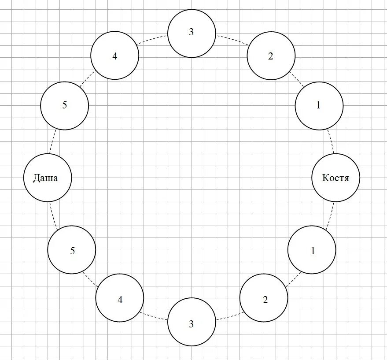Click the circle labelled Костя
click(336, 178)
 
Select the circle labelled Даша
click(47, 178)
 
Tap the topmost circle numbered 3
click(192, 33)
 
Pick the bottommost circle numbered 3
click(192, 324)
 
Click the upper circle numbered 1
click(319, 106)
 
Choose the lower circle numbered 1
click(312, 250)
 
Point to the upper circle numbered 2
click(271, 56)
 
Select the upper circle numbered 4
click(115, 56)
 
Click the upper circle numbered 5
click(64, 106)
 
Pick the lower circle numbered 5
click(72, 250)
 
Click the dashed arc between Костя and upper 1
click(332, 141)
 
